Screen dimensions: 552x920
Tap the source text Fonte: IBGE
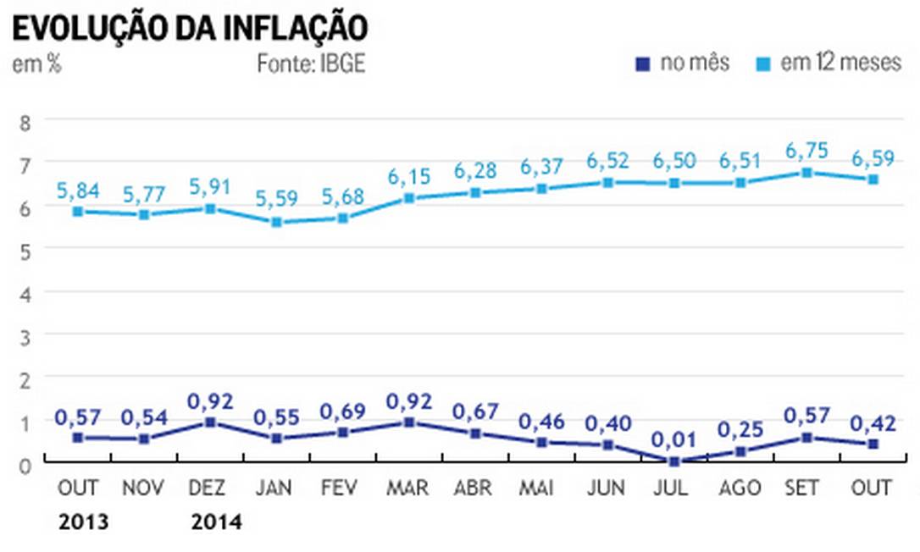pos(312,63)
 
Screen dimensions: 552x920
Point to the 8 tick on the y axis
pos(25,121)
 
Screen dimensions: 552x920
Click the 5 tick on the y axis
pos(25,249)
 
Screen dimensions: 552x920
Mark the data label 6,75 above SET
pos(807,150)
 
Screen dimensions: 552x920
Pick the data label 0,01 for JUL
pos(673,440)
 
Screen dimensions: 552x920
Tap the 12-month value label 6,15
pos(409,176)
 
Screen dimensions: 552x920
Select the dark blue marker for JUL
pos(673,461)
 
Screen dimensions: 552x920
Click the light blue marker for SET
pos(807,173)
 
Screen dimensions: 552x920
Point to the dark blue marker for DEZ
pos(211,422)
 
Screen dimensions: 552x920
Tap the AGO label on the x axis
pos(740,489)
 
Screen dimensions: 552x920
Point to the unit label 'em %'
pos(36,63)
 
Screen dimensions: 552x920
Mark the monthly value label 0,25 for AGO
pos(740,429)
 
